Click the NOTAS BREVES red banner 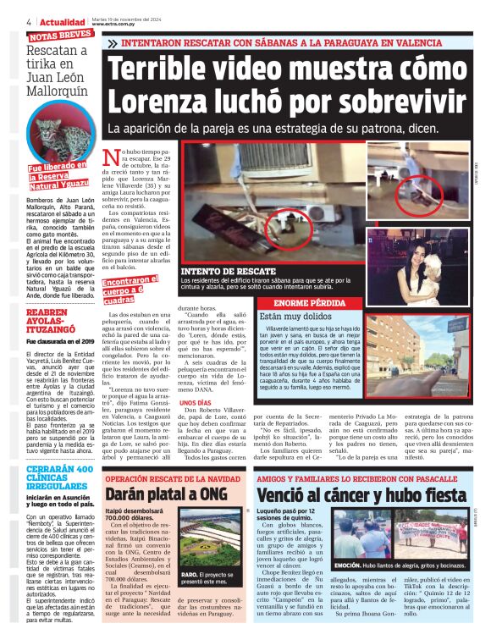(60, 36)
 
